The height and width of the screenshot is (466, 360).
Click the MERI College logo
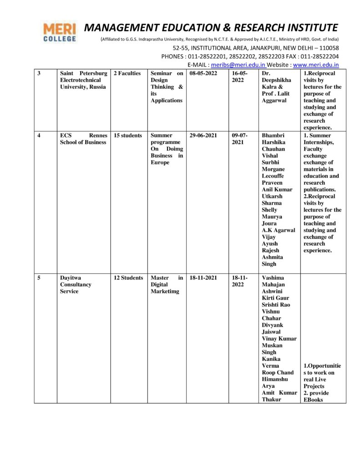pyautogui.click(x=60, y=32)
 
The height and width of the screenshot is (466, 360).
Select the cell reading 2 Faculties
pyautogui.click(x=127, y=73)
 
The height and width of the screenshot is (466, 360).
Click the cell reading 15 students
pyautogui.click(x=128, y=136)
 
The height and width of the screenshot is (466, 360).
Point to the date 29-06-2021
pyautogui.click(x=203, y=136)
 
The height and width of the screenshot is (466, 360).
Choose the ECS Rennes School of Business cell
pyautogui.click(x=84, y=139)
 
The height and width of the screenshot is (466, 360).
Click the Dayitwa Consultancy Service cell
pyautogui.click(x=76, y=284)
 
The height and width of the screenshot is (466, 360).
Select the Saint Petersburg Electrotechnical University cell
pyautogui.click(x=84, y=80)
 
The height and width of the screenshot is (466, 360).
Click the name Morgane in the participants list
pyautogui.click(x=273, y=169)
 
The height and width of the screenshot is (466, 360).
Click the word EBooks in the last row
pyautogui.click(x=314, y=400)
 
